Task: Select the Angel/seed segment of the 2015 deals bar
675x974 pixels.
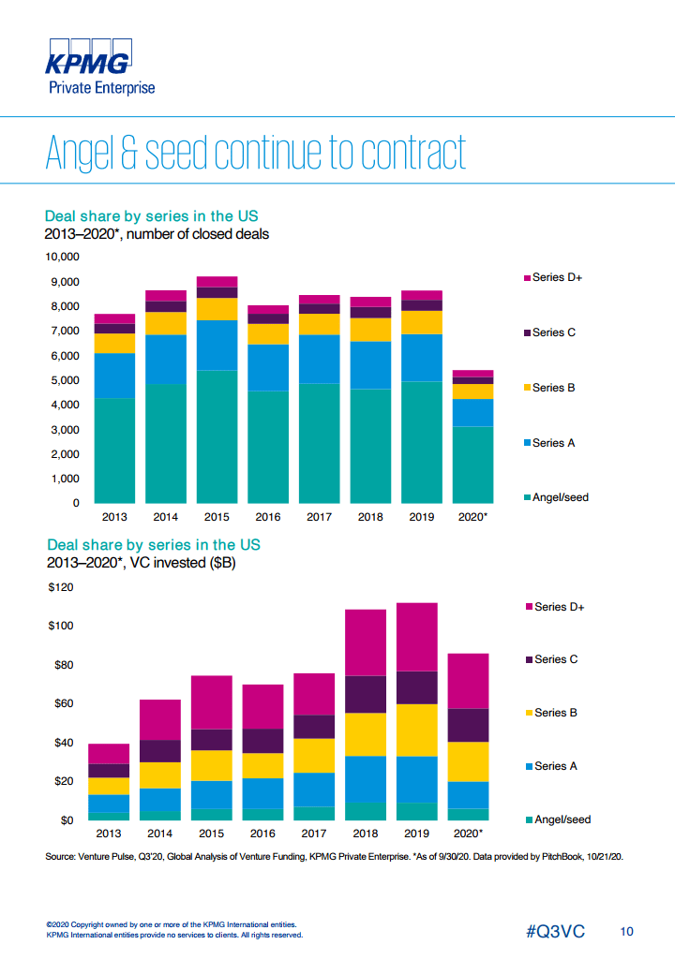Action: pos(217,436)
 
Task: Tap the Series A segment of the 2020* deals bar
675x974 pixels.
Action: pos(472,412)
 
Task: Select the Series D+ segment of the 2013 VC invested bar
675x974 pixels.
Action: pos(109,753)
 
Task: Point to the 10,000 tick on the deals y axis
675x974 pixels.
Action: pos(63,257)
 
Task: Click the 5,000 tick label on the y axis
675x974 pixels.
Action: pos(66,380)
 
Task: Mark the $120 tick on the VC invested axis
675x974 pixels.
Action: pos(61,587)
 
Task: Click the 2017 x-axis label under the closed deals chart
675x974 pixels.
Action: pos(320,516)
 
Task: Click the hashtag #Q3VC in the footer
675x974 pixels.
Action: pos(555,932)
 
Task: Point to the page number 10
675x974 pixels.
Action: pos(626,932)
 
